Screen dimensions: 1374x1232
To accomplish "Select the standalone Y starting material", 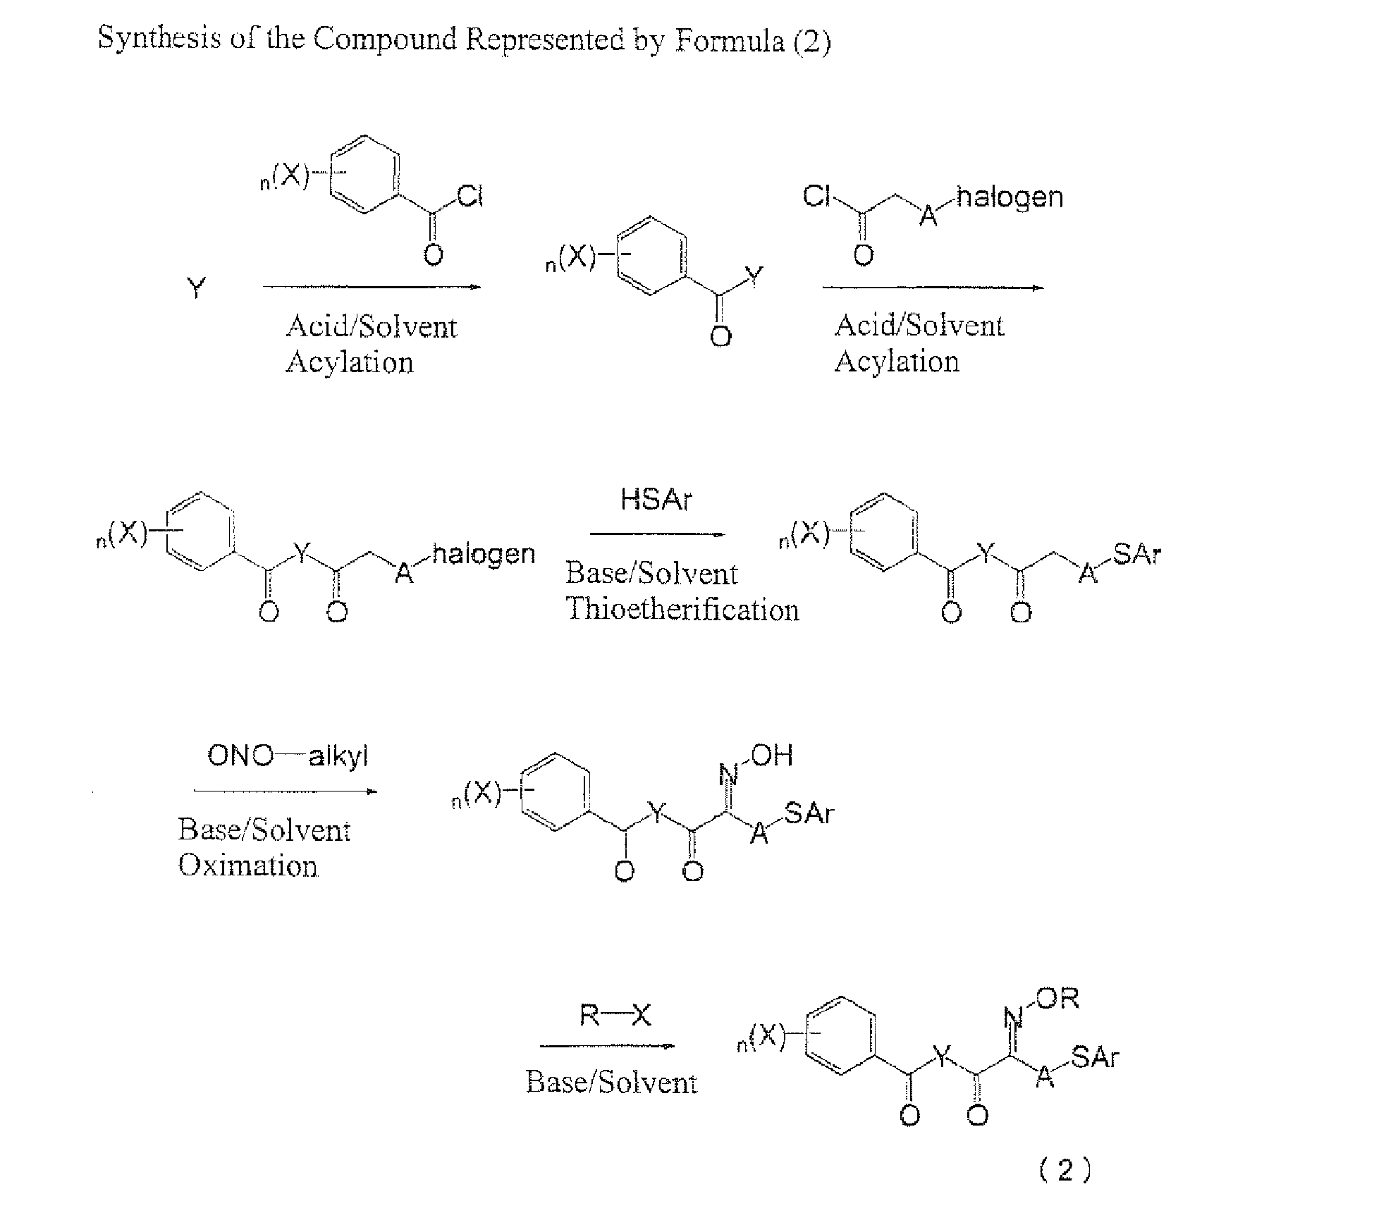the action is (x=197, y=287).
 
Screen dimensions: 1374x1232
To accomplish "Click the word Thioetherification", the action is (x=682, y=609).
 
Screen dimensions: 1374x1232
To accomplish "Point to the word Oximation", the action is (x=247, y=865).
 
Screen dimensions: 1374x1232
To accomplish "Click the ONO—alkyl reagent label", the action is (x=288, y=756).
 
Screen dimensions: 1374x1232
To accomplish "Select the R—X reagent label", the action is (x=615, y=1016).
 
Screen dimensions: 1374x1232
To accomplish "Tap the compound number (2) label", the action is (x=1065, y=1171).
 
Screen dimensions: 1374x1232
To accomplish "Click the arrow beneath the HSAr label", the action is (x=657, y=534).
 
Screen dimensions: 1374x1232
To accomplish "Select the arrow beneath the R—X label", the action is (x=607, y=1047).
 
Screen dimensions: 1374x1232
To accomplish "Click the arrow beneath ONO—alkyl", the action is (x=286, y=791).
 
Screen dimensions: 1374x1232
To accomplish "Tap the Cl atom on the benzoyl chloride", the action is (x=470, y=197).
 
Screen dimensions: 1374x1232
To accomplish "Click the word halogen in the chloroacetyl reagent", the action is (x=1010, y=197).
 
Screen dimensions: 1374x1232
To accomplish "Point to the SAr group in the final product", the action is (x=1095, y=1057).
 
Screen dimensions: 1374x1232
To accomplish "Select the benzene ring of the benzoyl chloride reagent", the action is (x=364, y=174).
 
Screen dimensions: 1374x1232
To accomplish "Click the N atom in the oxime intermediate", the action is (x=728, y=775).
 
